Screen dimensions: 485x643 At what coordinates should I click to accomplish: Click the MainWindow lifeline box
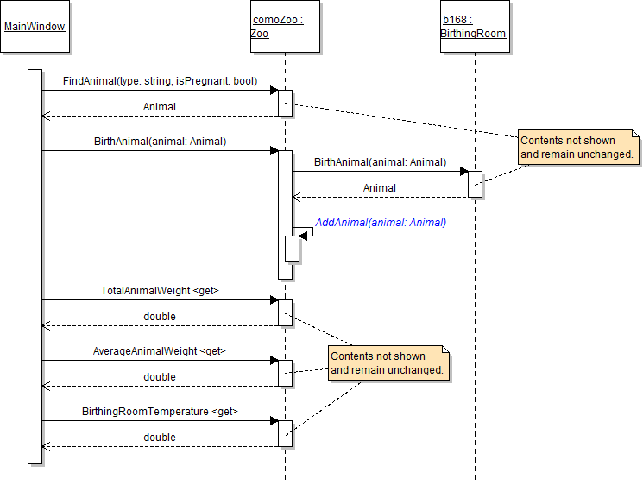[x=35, y=27]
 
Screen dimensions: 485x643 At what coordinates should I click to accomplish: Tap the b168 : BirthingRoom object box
[x=474, y=27]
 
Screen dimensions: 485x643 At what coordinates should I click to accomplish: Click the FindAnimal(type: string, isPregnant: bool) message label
[x=160, y=81]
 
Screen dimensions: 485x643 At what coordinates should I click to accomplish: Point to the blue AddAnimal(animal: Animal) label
[x=381, y=223]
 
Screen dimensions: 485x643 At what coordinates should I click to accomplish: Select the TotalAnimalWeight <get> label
[x=160, y=291]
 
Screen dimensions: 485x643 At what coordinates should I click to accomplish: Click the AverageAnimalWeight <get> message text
[x=160, y=351]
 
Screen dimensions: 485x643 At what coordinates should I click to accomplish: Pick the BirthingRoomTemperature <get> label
[x=160, y=412]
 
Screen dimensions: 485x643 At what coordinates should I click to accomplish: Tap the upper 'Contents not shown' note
[x=578, y=148]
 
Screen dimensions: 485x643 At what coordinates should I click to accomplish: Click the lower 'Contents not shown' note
[x=389, y=362]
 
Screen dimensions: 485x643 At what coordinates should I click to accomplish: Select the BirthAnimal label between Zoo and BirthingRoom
[x=380, y=161]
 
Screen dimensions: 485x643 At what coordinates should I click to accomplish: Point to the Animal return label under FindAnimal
[x=160, y=107]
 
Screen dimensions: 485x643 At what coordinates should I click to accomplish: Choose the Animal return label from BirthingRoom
[x=380, y=187]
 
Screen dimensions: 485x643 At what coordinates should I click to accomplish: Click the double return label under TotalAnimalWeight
[x=160, y=317]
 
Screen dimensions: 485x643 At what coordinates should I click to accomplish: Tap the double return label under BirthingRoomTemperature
[x=160, y=438]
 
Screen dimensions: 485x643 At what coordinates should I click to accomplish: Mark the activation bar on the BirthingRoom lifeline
[x=475, y=184]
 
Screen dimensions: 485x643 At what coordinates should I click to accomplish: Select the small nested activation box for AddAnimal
[x=292, y=249]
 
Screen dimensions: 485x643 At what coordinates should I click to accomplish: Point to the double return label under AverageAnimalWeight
[x=160, y=377]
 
